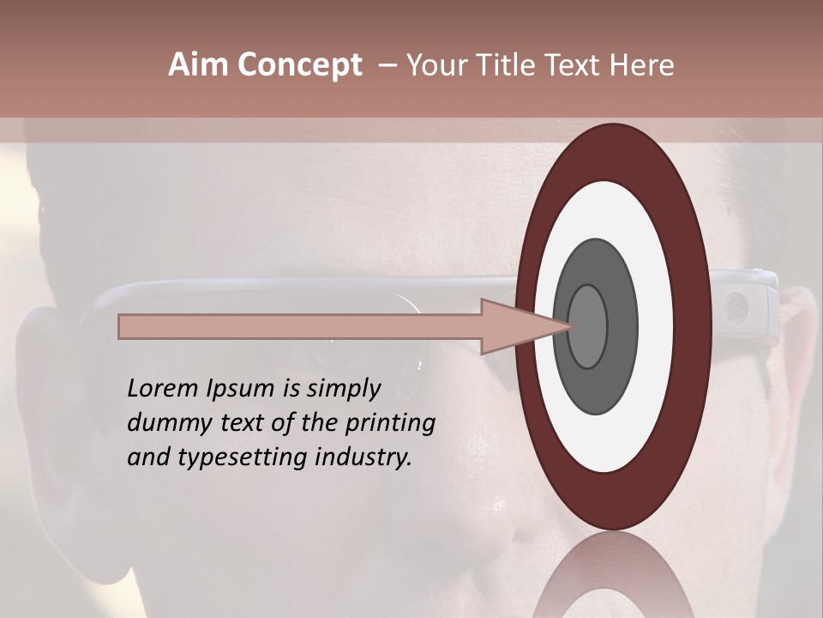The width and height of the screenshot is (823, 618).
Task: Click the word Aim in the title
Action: coord(196,65)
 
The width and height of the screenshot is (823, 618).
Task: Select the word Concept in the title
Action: coord(298,66)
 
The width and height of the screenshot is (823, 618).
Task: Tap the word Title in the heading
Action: coord(509,65)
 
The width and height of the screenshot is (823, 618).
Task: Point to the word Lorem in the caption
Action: coord(162,389)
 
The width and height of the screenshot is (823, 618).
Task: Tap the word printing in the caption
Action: coord(390,423)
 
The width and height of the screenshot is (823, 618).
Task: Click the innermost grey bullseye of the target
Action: coord(587,326)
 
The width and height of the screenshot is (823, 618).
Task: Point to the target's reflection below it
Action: coord(613,575)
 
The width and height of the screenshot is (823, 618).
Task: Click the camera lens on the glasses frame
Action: coord(736,306)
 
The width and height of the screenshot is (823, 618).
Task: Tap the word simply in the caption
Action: coord(343,389)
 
